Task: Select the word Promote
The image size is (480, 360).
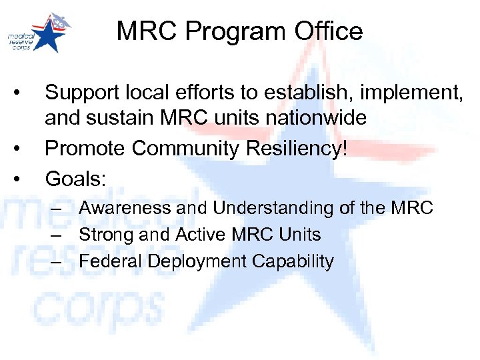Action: pyautogui.click(x=87, y=147)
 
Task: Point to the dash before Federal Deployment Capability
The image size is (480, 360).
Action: pyautogui.click(x=59, y=261)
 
